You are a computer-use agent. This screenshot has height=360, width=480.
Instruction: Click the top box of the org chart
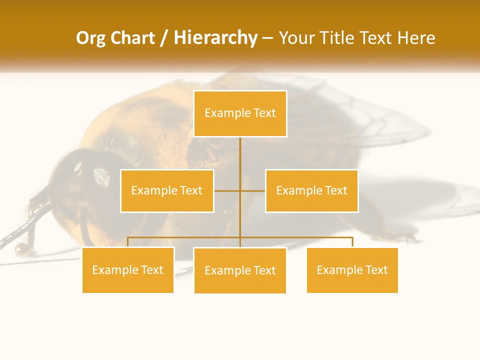(x=240, y=113)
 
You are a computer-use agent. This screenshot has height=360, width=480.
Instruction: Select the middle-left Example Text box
(x=167, y=190)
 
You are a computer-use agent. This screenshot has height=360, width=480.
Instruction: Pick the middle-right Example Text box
(x=311, y=190)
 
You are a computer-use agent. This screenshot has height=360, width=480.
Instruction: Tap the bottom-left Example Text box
(x=128, y=270)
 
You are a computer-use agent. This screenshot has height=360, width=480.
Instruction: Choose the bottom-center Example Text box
(x=240, y=270)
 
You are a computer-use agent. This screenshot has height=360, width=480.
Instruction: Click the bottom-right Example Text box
(x=352, y=270)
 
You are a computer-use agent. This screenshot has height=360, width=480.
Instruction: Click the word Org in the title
(x=90, y=38)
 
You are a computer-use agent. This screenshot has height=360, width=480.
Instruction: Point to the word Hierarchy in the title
(x=215, y=38)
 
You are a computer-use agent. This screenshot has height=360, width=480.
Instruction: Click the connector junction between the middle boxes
(x=240, y=191)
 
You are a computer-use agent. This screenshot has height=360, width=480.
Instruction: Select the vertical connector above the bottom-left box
(x=128, y=242)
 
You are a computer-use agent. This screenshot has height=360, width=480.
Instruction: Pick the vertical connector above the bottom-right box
(x=352, y=242)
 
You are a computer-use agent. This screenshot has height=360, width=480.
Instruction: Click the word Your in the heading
(x=296, y=38)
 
